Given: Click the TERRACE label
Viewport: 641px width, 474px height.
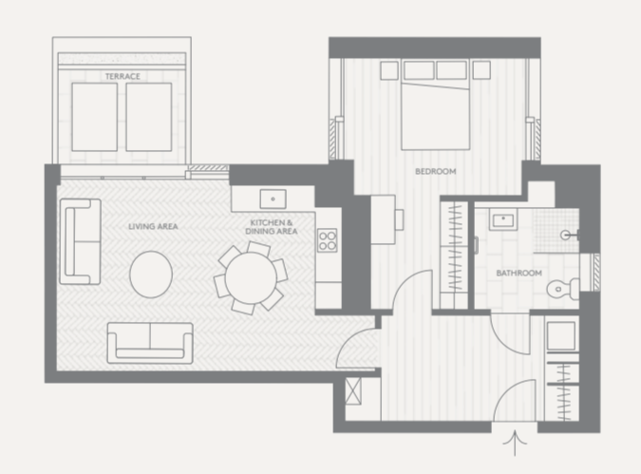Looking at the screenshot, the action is pos(123,77).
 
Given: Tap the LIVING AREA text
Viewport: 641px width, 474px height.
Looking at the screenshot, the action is pos(153,226).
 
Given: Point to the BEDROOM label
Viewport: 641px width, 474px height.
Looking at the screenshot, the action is pos(435,171).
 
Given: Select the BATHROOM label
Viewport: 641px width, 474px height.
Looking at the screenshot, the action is pos(518,273).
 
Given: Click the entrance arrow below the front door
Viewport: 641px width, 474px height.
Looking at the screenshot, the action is pos(515,443).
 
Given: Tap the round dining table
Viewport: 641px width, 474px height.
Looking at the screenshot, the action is pos(251,278).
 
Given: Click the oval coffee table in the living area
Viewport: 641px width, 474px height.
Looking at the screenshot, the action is pos(151,274).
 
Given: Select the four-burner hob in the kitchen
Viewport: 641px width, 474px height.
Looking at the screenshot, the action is pos(328,240).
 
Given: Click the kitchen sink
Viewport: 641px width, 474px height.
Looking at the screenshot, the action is pos(273,199).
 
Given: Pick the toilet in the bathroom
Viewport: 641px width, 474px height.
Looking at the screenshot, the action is pos(563,288).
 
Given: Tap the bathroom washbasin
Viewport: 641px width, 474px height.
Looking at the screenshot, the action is pos(503,220).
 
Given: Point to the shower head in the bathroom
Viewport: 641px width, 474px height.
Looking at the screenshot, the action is pos(570,235).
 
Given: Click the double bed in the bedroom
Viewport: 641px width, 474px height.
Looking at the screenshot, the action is pos(435,104).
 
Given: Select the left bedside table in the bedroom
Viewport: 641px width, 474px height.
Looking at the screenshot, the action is pos(389,70).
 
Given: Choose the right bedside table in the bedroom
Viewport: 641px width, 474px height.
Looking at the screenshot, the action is pos(481,70).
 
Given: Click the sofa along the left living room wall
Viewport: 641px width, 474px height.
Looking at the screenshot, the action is pos(80,241).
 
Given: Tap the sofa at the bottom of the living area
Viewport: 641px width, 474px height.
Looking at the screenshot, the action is pos(150,343).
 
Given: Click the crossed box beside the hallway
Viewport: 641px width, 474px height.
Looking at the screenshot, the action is pos(353,391).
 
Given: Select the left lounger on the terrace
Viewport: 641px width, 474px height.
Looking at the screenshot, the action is pos(94,117).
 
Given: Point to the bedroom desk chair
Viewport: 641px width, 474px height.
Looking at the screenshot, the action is pos(400,219).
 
